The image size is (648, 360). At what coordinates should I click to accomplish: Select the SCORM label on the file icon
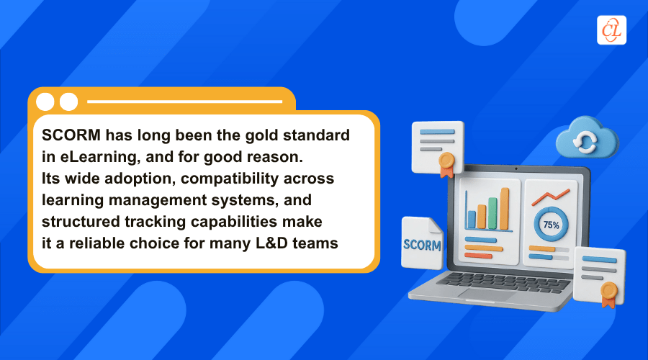point(421,244)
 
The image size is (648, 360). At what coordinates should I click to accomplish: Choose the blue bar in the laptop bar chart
point(471,219)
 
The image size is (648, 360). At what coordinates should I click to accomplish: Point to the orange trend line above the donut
point(550,197)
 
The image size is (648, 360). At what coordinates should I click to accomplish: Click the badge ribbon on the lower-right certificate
point(608,294)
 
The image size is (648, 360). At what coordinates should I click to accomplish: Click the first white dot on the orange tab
point(45,102)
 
